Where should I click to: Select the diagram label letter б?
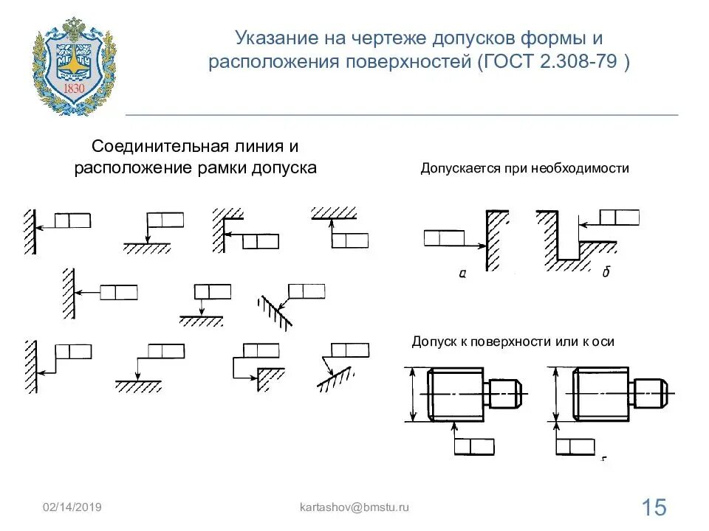coord(606,274)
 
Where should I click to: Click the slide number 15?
coord(654,507)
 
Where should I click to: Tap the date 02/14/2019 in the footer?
coord(72,507)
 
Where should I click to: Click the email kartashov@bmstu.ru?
coord(354,507)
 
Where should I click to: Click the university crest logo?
coord(74,66)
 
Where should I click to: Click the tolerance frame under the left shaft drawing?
coord(473,446)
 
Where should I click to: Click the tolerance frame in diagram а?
coord(444,237)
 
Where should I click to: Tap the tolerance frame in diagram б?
coord(619,217)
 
